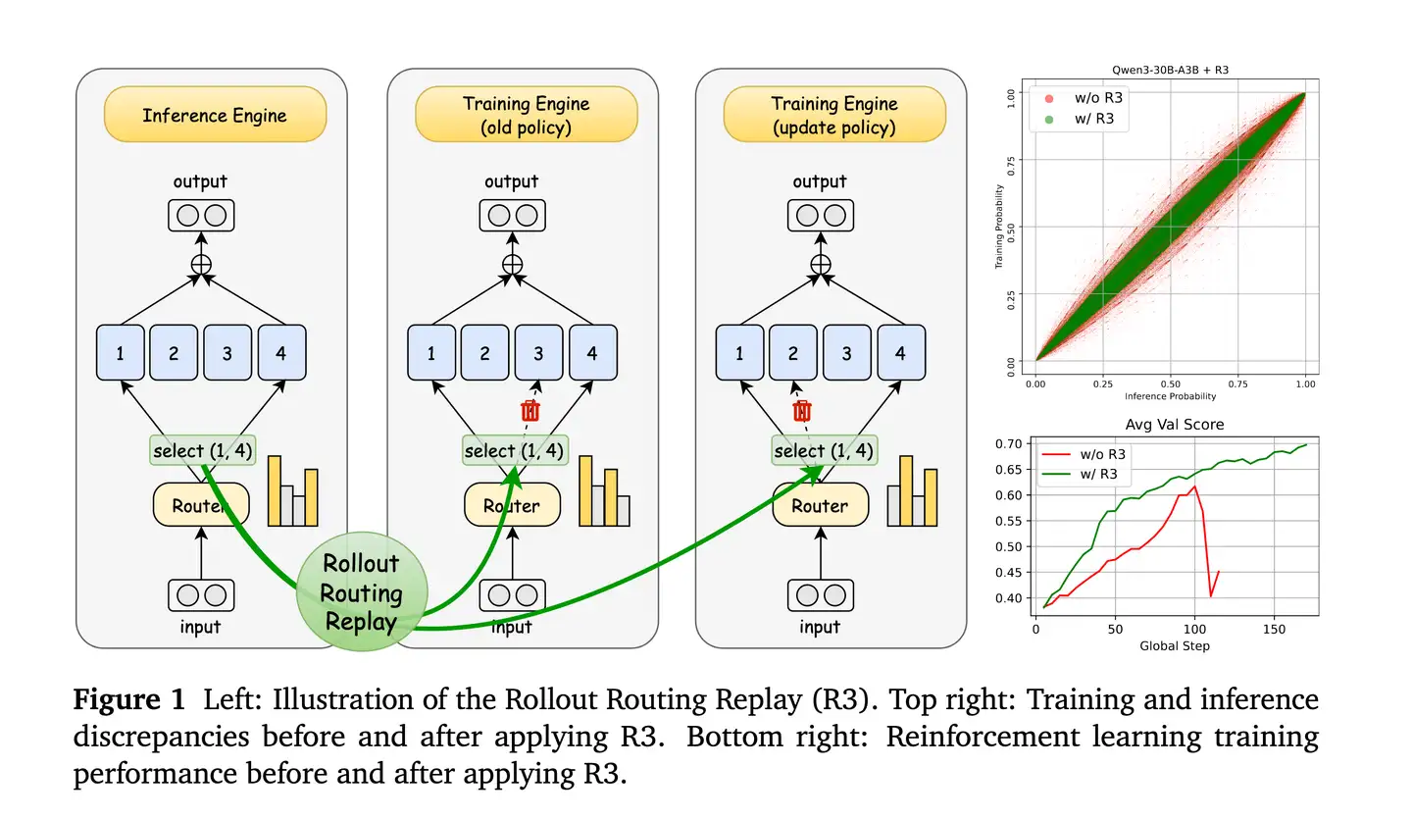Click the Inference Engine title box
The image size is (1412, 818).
215,115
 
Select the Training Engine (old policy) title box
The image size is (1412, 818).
526,115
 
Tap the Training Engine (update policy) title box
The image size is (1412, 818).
833,115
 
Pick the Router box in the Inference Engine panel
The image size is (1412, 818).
201,506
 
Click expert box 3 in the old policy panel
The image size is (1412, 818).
538,353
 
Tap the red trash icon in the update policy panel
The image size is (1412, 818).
801,410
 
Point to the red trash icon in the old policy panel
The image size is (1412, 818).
529,410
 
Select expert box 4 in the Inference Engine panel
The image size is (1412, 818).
281,353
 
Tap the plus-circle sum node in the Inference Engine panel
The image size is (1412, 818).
201,263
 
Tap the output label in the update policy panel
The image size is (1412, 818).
819,181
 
